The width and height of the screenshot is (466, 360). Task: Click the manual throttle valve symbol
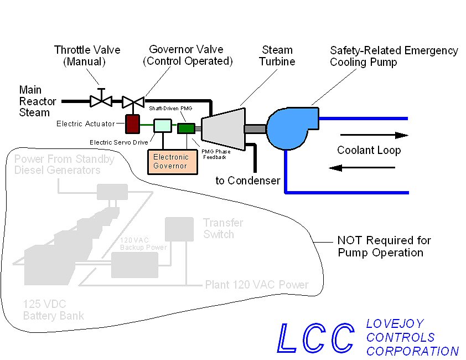tap(101, 101)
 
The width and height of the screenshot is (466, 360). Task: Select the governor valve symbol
tap(133, 101)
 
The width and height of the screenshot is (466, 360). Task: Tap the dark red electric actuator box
tap(132, 124)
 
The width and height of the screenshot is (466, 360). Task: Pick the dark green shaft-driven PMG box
tap(185, 128)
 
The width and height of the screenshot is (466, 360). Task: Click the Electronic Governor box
tap(170, 161)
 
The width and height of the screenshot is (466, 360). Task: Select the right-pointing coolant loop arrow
tap(374, 135)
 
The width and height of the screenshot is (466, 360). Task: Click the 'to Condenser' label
tap(247, 181)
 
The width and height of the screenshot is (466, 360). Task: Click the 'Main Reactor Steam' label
tap(38, 101)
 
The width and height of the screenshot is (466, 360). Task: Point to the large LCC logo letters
tap(315, 337)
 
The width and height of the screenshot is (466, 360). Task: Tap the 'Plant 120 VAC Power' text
tap(256, 285)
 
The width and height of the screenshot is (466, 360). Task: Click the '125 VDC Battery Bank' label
tap(54, 310)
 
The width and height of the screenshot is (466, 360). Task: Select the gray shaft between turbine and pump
tap(255, 128)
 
